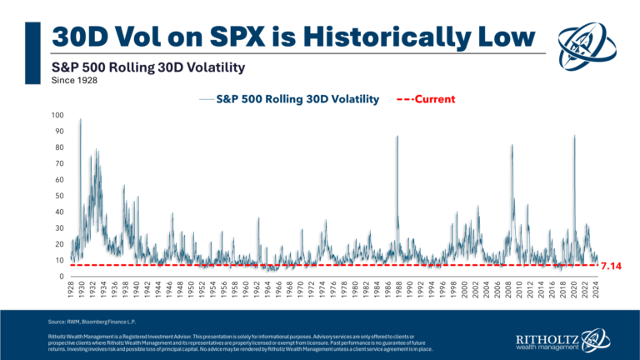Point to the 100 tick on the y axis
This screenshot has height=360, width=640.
[57, 115]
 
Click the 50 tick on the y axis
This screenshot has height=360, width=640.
[58, 196]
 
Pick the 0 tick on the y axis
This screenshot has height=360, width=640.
[61, 277]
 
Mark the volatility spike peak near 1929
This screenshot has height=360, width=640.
[80, 120]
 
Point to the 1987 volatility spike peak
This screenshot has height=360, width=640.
[397, 136]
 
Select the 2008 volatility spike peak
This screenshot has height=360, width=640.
[512, 145]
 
